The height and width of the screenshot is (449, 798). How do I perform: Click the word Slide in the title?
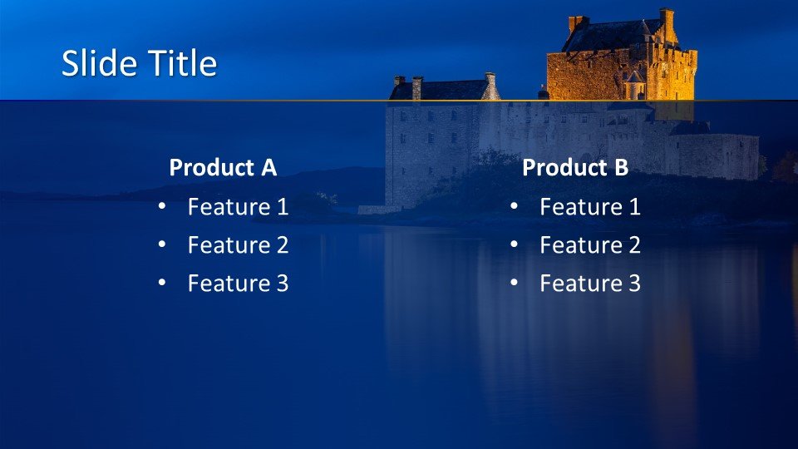tap(99, 63)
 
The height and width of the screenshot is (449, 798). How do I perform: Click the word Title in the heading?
tap(182, 63)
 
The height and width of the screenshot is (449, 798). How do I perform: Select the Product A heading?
tap(223, 167)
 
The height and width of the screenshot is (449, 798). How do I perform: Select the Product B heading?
tap(575, 167)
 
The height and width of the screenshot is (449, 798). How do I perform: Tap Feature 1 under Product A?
tap(239, 207)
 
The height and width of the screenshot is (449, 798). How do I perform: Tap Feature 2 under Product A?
tap(239, 244)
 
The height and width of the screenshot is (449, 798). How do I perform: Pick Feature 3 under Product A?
tap(239, 283)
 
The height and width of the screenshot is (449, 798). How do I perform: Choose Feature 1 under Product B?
tap(590, 207)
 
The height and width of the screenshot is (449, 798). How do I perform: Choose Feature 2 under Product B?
tap(590, 244)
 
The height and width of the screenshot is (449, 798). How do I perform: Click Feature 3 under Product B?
tap(590, 283)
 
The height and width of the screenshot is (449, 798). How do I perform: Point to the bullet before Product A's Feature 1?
tap(162, 206)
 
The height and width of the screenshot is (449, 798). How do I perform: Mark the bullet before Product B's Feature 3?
tap(514, 283)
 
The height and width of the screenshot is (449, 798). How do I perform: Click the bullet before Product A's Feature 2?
tap(162, 244)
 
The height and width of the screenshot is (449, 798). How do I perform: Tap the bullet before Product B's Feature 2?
tap(514, 244)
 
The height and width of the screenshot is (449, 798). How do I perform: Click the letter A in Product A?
tap(268, 167)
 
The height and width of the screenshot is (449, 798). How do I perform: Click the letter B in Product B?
tap(622, 167)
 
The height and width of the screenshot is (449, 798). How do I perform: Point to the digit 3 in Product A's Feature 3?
tap(283, 283)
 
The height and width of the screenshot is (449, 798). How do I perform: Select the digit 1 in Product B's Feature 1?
tap(635, 207)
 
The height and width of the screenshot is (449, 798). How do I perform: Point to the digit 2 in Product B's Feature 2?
tap(634, 244)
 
